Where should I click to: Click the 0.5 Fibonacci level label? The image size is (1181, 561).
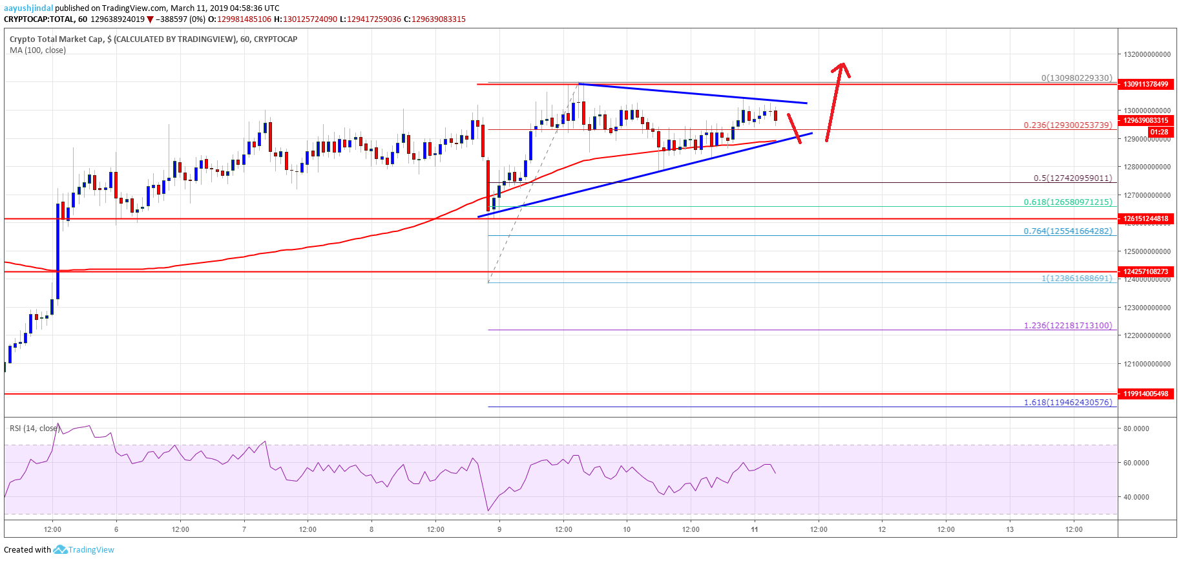pos(1072,178)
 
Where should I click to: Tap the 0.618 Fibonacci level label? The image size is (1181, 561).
pos(1067,202)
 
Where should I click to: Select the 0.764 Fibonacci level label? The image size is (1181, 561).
pos(1067,231)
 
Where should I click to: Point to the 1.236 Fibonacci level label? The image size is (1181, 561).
pos(1067,325)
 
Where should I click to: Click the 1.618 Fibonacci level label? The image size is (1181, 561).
pos(1067,402)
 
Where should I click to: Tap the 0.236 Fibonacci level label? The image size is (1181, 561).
pos(1067,125)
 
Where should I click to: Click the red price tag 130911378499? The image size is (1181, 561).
pos(1145,84)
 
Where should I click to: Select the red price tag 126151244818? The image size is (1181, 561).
pos(1145,218)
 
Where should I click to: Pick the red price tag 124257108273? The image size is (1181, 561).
pos(1145,271)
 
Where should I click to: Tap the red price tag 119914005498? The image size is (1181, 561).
pos(1145,394)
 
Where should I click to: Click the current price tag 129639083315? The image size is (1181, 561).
pos(1145,120)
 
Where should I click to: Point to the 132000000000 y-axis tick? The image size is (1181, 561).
pos(1147,54)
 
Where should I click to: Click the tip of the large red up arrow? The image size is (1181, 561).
pos(842,63)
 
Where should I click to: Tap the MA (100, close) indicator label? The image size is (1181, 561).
pos(37,50)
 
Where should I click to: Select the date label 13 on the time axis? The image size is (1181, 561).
pos(1009,529)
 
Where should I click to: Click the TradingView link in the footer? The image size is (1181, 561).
pos(90,550)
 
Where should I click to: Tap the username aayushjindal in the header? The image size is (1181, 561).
pos(28,8)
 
